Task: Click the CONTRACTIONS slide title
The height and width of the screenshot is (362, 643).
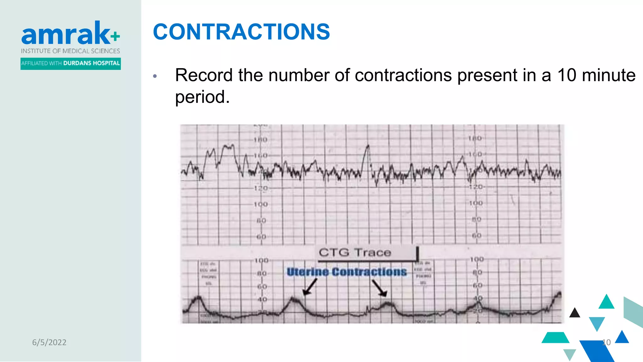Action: pyautogui.click(x=241, y=32)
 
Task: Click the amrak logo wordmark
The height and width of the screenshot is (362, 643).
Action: pyautogui.click(x=66, y=34)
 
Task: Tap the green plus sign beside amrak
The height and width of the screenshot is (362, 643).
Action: pyautogui.click(x=115, y=36)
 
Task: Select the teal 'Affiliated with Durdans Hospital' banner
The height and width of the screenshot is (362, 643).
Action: pyautogui.click(x=71, y=63)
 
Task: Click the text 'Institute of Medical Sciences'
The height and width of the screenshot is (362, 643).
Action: pyautogui.click(x=71, y=51)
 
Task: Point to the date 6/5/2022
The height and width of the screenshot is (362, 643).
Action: pyautogui.click(x=49, y=342)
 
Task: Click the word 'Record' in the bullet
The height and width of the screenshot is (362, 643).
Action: pyautogui.click(x=204, y=75)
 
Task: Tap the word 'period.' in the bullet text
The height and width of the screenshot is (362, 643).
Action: pyautogui.click(x=202, y=97)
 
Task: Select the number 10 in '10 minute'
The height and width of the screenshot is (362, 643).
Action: pyautogui.click(x=567, y=75)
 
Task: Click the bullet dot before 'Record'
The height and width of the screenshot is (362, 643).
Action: pyautogui.click(x=155, y=76)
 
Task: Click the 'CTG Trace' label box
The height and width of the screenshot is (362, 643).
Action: pyautogui.click(x=367, y=253)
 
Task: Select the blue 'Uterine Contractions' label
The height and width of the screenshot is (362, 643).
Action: pyautogui.click(x=347, y=272)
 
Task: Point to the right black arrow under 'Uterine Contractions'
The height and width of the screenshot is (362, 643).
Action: pyautogui.click(x=379, y=288)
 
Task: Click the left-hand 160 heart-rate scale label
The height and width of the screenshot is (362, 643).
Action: pyautogui.click(x=261, y=156)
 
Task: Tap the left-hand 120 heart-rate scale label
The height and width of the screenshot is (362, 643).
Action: pyautogui.click(x=261, y=188)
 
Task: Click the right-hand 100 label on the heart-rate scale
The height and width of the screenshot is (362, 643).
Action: pyautogui.click(x=476, y=203)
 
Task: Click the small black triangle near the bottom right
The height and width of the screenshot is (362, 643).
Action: pyautogui.click(x=575, y=313)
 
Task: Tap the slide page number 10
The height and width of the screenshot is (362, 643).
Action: pyautogui.click(x=606, y=342)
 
